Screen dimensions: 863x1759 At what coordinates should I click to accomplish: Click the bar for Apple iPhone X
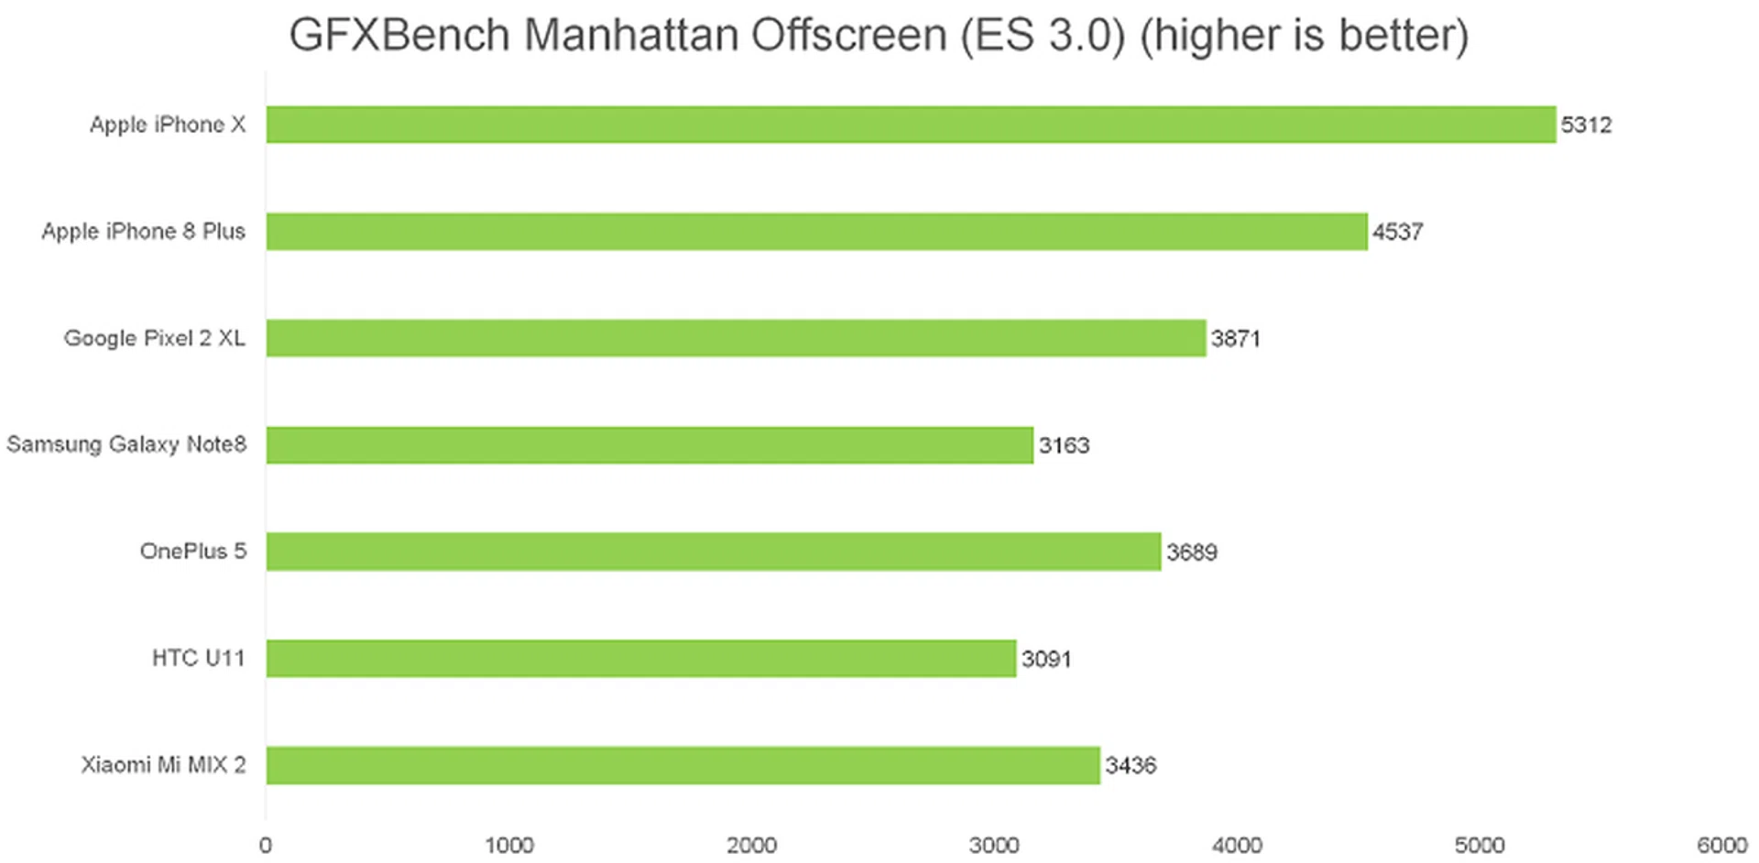click(911, 125)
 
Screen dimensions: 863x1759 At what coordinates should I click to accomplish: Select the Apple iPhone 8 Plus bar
click(816, 232)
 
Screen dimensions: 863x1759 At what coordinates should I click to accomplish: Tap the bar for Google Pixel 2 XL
click(736, 338)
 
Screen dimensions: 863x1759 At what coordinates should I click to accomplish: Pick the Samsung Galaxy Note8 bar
click(650, 445)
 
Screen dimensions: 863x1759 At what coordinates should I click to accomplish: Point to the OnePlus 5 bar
click(714, 552)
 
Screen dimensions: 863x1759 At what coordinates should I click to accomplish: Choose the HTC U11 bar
click(641, 659)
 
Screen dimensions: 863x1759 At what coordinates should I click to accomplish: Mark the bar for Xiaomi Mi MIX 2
click(683, 765)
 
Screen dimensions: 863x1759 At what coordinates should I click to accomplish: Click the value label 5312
click(1586, 126)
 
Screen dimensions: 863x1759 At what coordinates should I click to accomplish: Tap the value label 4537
click(1397, 232)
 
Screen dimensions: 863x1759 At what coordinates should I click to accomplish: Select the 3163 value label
click(1064, 446)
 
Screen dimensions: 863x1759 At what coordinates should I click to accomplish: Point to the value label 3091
click(1046, 660)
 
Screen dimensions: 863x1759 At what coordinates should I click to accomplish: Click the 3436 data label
click(1131, 766)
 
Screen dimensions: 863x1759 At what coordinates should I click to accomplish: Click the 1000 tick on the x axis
click(508, 845)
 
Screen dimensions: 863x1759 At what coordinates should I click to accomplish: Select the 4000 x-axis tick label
click(1237, 845)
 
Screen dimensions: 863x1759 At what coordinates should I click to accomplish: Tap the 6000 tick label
click(1721, 845)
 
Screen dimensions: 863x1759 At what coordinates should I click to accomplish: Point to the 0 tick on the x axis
click(266, 845)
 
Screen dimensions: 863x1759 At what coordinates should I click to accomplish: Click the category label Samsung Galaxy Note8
click(126, 444)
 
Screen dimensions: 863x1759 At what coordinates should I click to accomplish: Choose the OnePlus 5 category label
click(192, 552)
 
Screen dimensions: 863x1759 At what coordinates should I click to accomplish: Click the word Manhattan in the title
click(630, 36)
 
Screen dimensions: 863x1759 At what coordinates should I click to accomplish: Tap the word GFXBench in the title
click(399, 36)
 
